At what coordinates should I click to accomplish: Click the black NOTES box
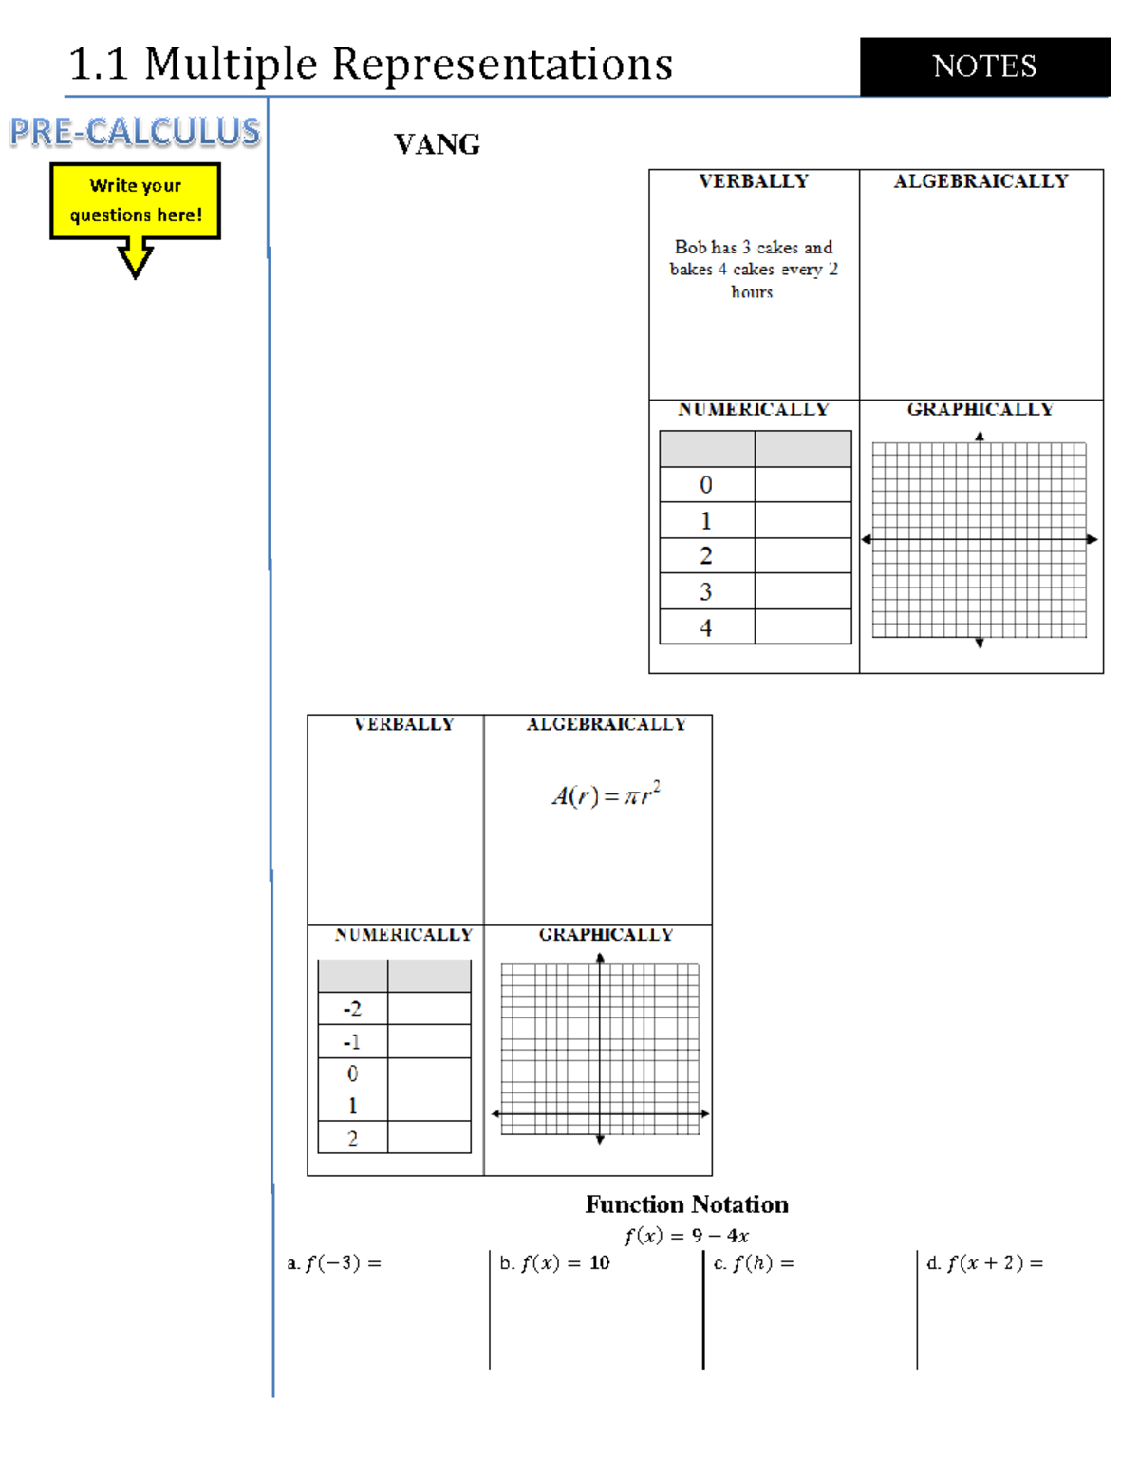coord(984,66)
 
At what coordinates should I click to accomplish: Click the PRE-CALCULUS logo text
coord(135,132)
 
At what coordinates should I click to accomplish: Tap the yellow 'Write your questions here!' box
coord(135,200)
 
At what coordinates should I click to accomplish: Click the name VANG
coord(437,144)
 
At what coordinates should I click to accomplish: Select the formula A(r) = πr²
coord(606,794)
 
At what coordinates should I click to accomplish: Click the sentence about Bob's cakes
coord(753,269)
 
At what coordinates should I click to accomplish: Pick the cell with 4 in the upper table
coord(706,627)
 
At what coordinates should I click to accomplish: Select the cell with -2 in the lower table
coord(352,1009)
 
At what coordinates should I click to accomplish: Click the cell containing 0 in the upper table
coord(706,485)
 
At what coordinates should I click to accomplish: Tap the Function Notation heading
coord(686,1204)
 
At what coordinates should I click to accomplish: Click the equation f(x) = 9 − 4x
coord(686,1236)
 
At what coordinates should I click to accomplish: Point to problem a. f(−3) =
coord(334,1263)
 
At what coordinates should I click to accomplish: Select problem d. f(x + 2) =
coord(985,1263)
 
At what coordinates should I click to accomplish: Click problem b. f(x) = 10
coord(555,1263)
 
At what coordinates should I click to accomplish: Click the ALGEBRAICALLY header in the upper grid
coord(980,181)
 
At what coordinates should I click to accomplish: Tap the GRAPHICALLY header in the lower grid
coord(606,935)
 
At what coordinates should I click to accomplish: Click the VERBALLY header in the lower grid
coord(403,724)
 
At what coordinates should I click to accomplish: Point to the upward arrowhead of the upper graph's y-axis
coord(980,437)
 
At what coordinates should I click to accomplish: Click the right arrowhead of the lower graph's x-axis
coord(704,1113)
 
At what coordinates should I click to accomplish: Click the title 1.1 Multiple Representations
coord(370,65)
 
